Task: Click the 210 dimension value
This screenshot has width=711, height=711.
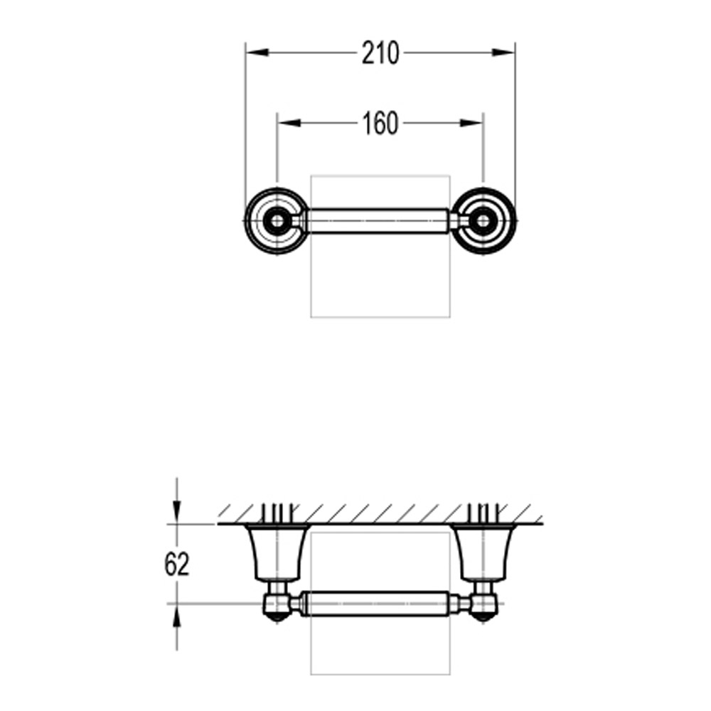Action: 380,53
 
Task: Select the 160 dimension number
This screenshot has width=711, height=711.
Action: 380,123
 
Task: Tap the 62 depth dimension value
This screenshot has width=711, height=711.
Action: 176,565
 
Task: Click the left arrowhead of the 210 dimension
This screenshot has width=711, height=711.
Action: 257,53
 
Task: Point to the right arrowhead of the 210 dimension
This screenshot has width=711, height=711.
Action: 503,53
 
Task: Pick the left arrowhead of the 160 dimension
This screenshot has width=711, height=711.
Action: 289,123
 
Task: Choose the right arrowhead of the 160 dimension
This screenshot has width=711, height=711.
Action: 471,123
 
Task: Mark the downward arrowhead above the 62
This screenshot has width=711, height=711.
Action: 177,513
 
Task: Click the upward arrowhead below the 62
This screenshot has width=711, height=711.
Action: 177,615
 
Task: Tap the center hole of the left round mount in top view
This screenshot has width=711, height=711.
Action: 277,221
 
